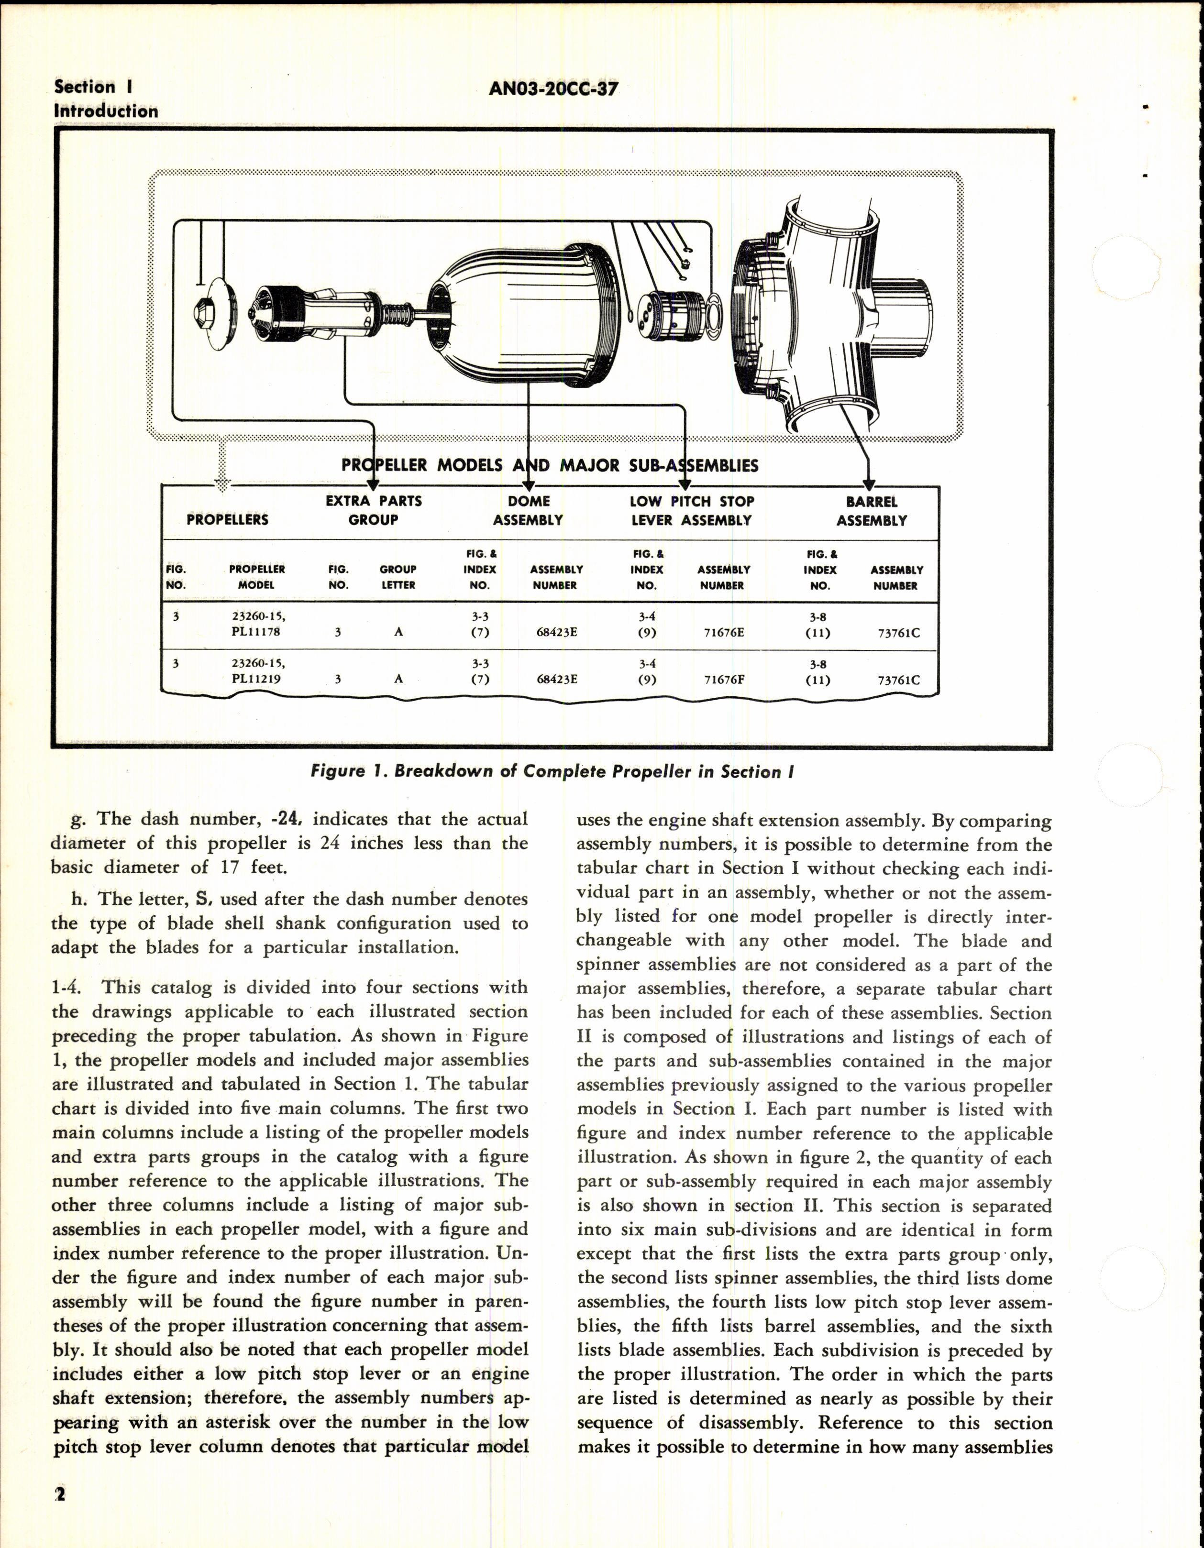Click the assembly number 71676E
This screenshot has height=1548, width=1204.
723,632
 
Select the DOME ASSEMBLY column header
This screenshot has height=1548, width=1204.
528,510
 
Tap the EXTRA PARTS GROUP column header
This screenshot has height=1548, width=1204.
373,510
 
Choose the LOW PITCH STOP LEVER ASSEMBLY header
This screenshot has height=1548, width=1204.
691,510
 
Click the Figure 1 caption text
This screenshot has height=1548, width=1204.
552,772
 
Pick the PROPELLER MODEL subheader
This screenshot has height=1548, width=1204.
257,577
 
